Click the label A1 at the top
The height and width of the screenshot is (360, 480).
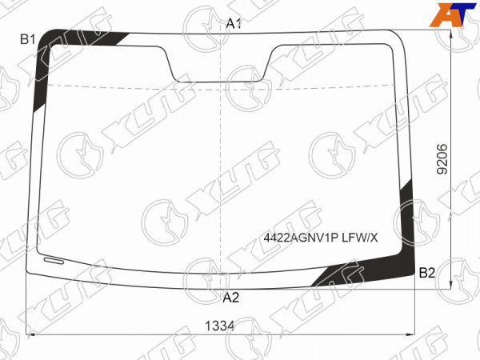[234, 23]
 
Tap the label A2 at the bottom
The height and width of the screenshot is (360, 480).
[231, 298]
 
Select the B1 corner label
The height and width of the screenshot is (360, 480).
[27, 39]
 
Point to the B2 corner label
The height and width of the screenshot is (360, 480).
[426, 273]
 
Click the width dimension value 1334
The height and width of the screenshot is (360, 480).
[219, 326]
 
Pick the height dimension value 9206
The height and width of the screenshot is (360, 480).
[442, 159]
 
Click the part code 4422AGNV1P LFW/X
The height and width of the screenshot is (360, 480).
[321, 238]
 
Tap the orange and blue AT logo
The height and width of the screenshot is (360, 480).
[453, 14]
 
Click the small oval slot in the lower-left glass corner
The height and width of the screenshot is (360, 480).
[54, 261]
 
